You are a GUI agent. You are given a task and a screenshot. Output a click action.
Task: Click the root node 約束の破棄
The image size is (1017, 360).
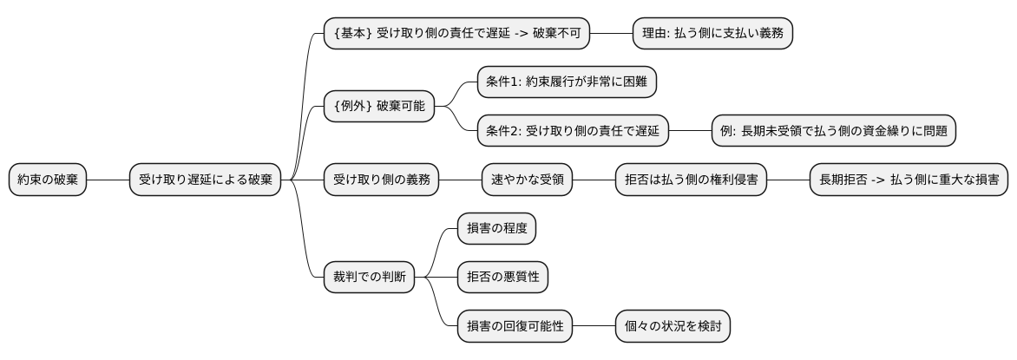pyautogui.click(x=48, y=180)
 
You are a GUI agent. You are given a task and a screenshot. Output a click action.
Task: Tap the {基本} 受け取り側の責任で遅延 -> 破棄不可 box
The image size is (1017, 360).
pyautogui.click(x=456, y=34)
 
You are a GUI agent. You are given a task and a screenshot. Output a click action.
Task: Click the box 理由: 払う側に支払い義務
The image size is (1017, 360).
pyautogui.click(x=712, y=34)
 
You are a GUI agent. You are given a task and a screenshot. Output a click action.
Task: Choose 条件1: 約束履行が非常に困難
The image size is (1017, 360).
pyautogui.click(x=567, y=82)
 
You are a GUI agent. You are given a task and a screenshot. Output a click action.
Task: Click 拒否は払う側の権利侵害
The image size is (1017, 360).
pyautogui.click(x=691, y=180)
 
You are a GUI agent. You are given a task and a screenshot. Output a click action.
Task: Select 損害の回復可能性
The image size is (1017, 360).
pyautogui.click(x=515, y=326)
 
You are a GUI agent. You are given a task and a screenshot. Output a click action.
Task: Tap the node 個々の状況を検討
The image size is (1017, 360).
pyautogui.click(x=673, y=326)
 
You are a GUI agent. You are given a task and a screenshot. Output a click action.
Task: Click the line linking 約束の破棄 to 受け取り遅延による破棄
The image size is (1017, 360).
pyautogui.click(x=108, y=180)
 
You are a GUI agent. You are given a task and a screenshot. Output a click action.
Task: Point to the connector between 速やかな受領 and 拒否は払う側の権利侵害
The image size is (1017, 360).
pyautogui.click(x=594, y=180)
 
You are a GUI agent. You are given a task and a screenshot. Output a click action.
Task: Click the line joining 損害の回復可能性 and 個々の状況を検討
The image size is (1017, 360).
pyautogui.click(x=594, y=326)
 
